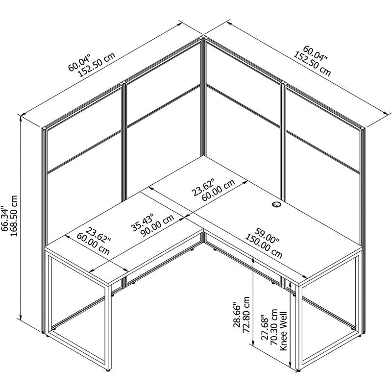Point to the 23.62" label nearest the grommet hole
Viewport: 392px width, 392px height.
coord(204,184)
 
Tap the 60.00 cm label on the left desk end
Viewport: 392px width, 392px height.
coord(93,244)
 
